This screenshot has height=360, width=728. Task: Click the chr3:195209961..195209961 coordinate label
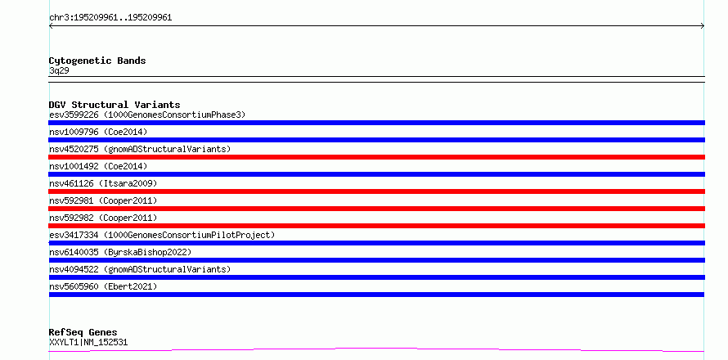pyautogui.click(x=110, y=18)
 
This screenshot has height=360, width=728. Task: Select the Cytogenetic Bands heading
pyautogui.click(x=97, y=61)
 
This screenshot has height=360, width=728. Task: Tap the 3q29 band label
pyautogui.click(x=59, y=71)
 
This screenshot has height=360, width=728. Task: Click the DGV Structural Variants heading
pyautogui.click(x=115, y=105)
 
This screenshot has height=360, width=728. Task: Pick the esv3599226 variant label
pyautogui.click(x=147, y=115)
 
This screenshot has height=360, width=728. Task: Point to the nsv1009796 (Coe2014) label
pyautogui.click(x=98, y=132)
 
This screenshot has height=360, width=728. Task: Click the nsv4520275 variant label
pyautogui.click(x=140, y=149)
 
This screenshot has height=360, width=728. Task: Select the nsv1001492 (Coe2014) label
pyautogui.click(x=98, y=166)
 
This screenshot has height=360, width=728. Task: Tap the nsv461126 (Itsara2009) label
pyautogui.click(x=103, y=183)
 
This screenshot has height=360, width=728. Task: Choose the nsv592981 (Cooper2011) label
pyautogui.click(x=103, y=200)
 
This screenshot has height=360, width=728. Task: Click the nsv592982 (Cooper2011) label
pyautogui.click(x=103, y=218)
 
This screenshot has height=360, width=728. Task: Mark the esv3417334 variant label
pyautogui.click(x=162, y=235)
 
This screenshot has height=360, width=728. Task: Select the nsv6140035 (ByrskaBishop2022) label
pyautogui.click(x=120, y=252)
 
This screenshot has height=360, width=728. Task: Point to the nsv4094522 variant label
pyautogui.click(x=140, y=269)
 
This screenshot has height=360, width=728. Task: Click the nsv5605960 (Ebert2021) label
pyautogui.click(x=103, y=286)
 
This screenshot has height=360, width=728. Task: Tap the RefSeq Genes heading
pyautogui.click(x=83, y=333)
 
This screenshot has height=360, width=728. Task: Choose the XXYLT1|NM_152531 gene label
pyautogui.click(x=88, y=343)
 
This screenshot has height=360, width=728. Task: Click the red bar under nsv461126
pyautogui.click(x=376, y=191)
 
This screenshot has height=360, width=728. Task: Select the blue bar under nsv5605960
pyautogui.click(x=376, y=295)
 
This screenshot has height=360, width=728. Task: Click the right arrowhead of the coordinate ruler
pyautogui.click(x=703, y=26)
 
